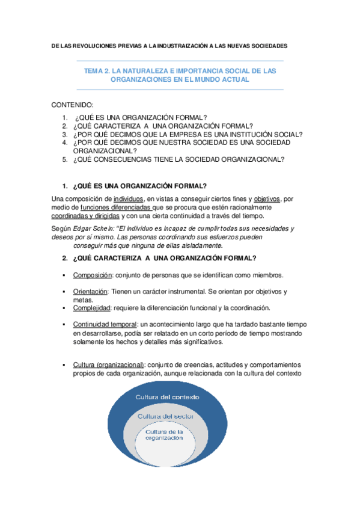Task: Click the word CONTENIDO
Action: pyautogui.click(x=72, y=105)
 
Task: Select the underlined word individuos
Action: pyautogui.click(x=128, y=198)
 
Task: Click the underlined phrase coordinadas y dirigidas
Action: pyautogui.click(x=85, y=216)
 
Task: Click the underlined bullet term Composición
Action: pyautogui.click(x=91, y=275)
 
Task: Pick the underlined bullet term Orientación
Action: pyautogui.click(x=91, y=291)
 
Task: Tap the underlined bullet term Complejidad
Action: pyautogui.click(x=91, y=308)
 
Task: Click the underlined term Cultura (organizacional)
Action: pyautogui.click(x=109, y=365)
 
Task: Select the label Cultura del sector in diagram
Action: pyautogui.click(x=162, y=416)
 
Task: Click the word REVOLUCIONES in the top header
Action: pyautogui.click(x=97, y=46)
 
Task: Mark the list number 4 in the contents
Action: pyautogui.click(x=64, y=143)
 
